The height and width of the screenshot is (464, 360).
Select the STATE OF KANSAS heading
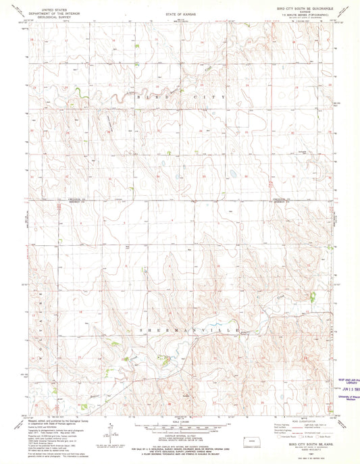click(x=180, y=13)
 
